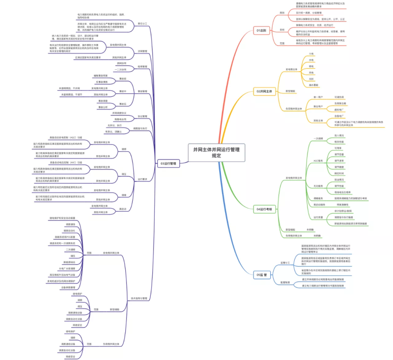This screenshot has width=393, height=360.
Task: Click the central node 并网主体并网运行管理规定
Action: [216, 152]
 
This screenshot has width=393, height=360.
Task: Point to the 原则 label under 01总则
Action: [282, 13]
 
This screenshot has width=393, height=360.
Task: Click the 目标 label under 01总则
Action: [282, 29]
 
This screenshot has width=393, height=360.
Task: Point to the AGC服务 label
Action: [318, 161]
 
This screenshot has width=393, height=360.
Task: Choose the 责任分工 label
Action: [142, 23]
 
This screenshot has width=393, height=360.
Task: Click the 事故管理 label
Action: [142, 91]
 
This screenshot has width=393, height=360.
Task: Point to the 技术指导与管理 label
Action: [139, 298]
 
